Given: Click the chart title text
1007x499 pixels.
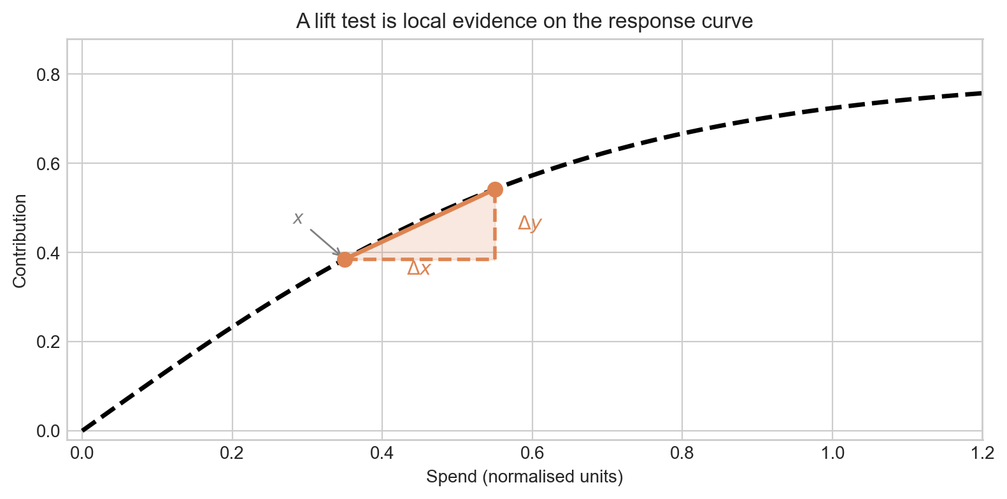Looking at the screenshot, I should (x=524, y=22).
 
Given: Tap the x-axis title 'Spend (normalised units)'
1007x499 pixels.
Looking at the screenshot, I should (x=524, y=477).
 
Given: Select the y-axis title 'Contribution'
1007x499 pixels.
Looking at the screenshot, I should (x=20, y=241).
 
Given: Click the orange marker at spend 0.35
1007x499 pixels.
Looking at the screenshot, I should (x=345, y=259).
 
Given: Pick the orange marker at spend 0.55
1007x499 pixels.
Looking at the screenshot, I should (x=495, y=189).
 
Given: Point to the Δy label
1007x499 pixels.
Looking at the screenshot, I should (x=529, y=224).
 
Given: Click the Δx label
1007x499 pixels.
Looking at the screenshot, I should (x=418, y=269).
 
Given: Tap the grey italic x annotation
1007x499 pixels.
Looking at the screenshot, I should (x=297, y=219).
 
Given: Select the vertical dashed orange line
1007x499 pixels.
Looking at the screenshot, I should (x=495, y=229).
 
